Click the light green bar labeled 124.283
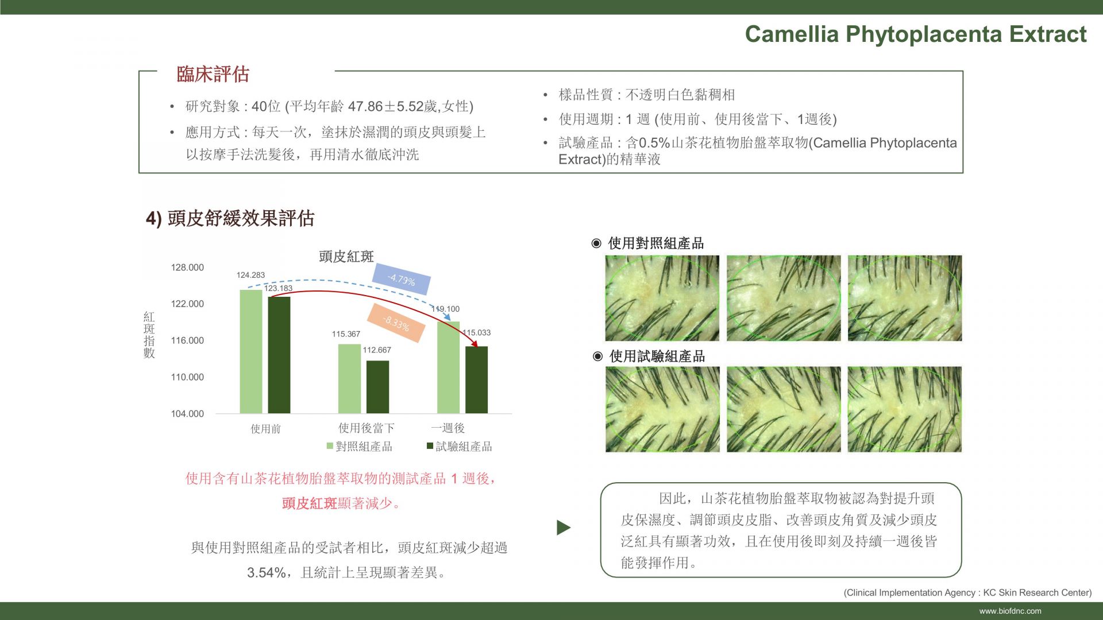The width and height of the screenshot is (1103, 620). (251, 351)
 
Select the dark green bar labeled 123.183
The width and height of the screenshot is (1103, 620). (279, 355)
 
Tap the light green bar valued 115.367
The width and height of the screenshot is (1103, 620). (349, 379)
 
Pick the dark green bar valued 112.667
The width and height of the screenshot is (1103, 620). (377, 387)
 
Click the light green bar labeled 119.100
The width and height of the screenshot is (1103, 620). (448, 367)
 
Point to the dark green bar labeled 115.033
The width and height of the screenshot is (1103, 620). (476, 380)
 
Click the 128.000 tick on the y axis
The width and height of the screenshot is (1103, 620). (187, 268)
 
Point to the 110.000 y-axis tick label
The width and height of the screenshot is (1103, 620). (187, 377)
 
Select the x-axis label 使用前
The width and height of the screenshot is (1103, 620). (265, 429)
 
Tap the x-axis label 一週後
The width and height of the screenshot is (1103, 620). (448, 428)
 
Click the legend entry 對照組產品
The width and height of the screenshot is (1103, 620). (360, 446)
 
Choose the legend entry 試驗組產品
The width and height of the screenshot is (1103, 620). (460, 446)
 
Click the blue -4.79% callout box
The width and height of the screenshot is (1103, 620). (401, 280)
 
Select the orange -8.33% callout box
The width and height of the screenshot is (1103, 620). (396, 323)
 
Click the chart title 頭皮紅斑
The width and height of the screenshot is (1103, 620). (346, 257)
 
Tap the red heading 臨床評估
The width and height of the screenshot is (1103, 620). (213, 74)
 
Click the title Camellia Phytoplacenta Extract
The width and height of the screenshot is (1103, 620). (916, 34)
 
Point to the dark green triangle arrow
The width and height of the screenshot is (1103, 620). (563, 528)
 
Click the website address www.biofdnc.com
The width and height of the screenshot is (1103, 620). (1011, 611)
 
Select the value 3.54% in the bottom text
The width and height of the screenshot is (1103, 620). (266, 572)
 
